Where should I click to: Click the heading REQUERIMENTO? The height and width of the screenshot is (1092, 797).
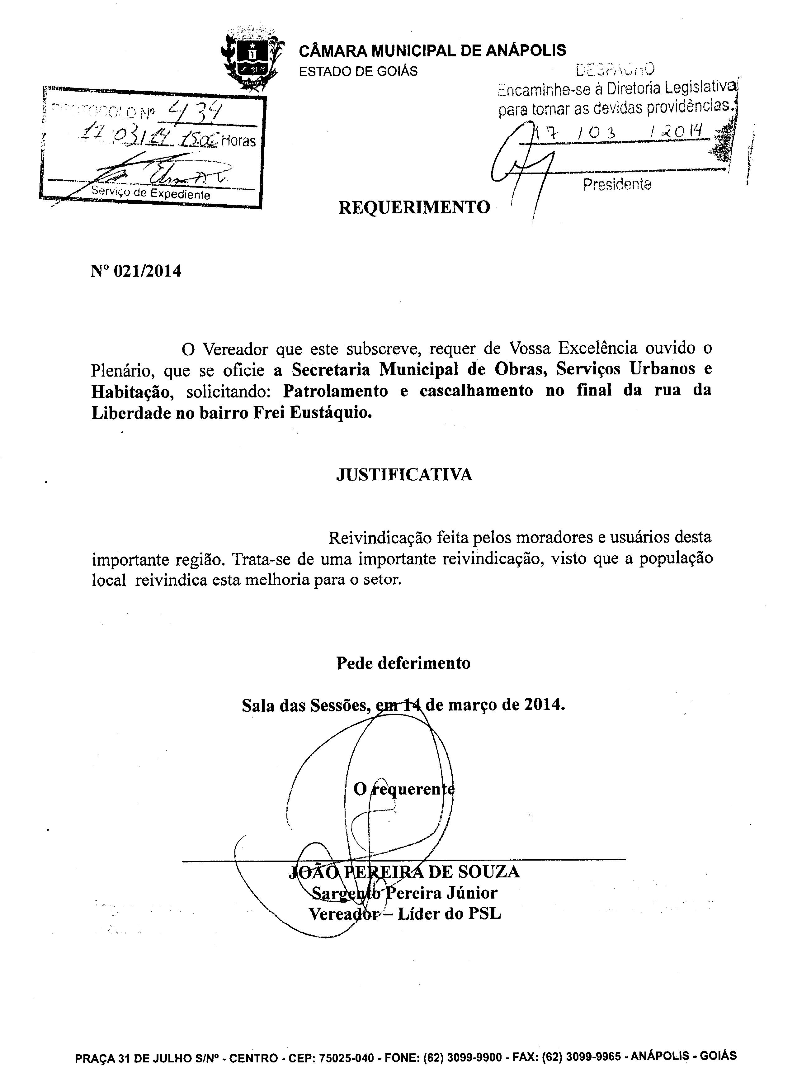[414, 207]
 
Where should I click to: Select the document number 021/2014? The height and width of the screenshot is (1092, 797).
[147, 272]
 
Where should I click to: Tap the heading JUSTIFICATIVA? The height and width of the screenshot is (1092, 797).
[404, 475]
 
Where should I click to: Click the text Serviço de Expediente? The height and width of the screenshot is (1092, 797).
[150, 193]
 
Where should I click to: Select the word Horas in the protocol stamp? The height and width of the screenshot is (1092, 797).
[238, 141]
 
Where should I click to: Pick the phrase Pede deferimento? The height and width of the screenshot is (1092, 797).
[403, 663]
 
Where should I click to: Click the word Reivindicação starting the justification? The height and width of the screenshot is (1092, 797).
[375, 537]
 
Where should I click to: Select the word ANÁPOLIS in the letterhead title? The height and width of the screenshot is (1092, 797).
[526, 51]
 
